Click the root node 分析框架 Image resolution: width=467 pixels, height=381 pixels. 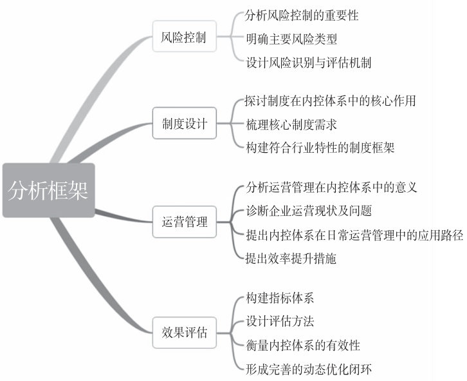point(48,190)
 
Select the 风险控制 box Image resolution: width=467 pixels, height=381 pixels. point(184,37)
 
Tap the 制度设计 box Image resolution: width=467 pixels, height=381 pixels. point(184,124)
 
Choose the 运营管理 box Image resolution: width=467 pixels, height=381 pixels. point(184,223)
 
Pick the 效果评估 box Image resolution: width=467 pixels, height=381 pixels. point(184,333)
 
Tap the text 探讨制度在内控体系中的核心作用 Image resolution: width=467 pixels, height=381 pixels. point(331,101)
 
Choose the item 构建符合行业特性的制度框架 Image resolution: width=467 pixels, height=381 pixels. point(320,148)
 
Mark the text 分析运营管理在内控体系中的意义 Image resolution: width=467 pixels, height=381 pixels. point(332,188)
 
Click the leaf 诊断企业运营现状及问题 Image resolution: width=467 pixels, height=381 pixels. point(309,211)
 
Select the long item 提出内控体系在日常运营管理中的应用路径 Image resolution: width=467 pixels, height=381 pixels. point(354,235)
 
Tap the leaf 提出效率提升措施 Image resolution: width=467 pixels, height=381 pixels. point(291,259)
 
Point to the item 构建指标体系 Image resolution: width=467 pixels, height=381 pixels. point(280,298)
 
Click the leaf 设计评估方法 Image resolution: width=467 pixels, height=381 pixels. point(280,321)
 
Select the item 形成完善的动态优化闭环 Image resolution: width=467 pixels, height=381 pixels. point(309,369)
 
